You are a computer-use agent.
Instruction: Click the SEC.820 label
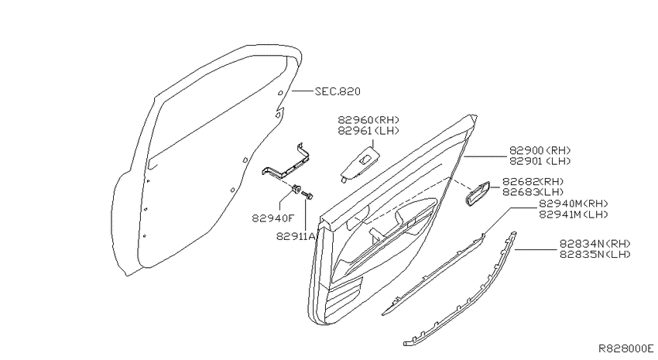(x=338, y=91)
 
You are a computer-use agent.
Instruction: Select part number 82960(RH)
(x=368, y=120)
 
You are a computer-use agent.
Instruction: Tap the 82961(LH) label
(x=368, y=131)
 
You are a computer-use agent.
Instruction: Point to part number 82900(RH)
(x=540, y=150)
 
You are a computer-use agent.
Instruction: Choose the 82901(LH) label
(x=540, y=161)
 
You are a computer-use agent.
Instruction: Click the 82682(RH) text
(x=533, y=182)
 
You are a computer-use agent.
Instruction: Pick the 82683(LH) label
(x=533, y=192)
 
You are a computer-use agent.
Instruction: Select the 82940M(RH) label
(x=574, y=204)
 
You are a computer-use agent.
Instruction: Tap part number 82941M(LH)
(x=574, y=214)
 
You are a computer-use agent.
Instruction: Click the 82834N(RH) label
(x=595, y=244)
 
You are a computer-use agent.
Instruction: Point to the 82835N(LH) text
(x=595, y=254)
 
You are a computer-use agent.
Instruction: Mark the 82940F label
(x=273, y=218)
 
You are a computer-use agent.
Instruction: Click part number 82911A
(x=296, y=237)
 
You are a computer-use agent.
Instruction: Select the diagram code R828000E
(x=625, y=348)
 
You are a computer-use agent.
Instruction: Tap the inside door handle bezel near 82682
(x=477, y=194)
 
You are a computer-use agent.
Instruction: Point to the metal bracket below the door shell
(x=287, y=163)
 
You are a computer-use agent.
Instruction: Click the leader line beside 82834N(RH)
(x=536, y=249)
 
